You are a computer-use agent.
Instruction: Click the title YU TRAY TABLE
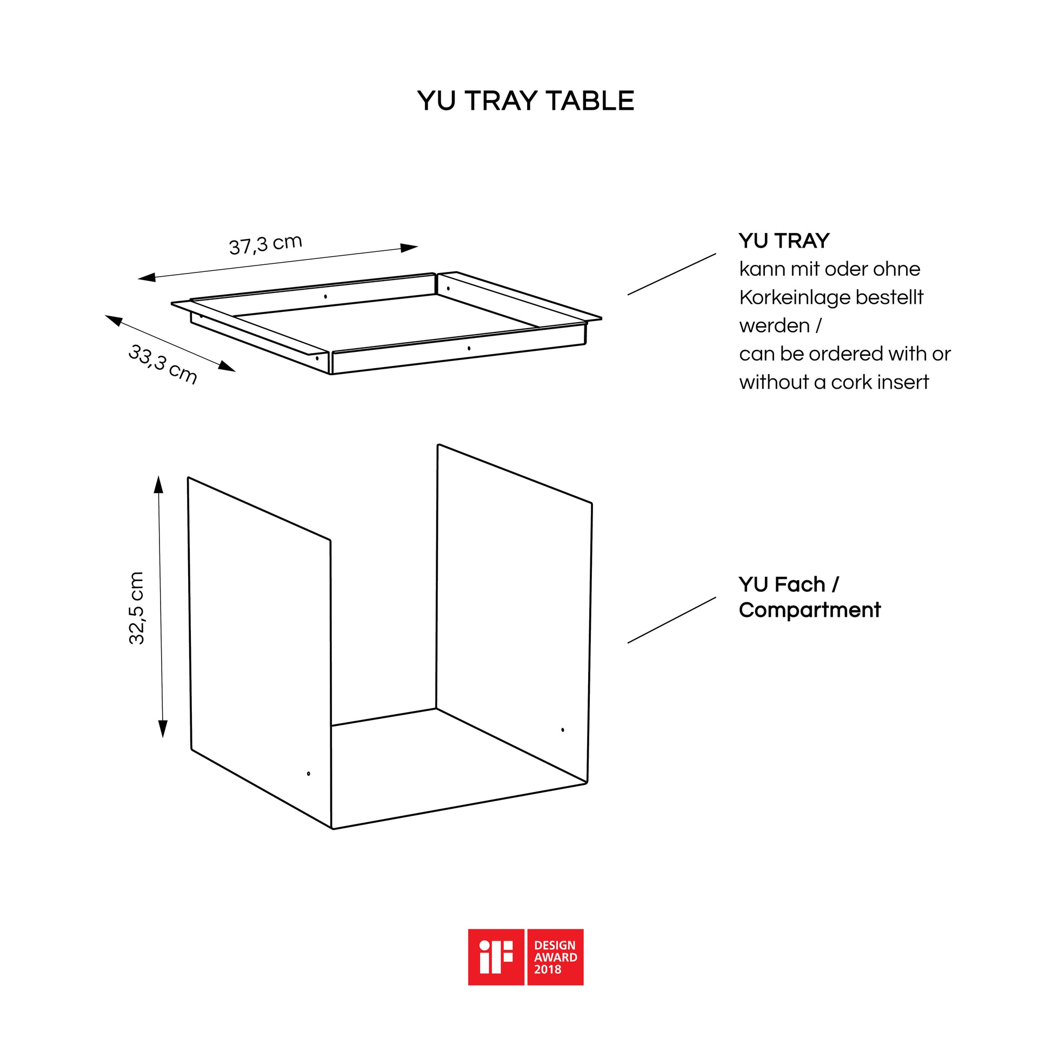click(525, 101)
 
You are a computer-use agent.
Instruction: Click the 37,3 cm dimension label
click(265, 244)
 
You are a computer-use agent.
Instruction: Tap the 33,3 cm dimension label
click(162, 364)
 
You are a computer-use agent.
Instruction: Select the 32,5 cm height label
click(136, 608)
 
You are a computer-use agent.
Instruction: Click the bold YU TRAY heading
click(784, 241)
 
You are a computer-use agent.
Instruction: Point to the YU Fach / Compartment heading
click(809, 597)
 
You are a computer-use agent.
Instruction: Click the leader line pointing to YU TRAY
click(672, 275)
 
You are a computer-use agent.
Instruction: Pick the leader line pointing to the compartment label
click(672, 620)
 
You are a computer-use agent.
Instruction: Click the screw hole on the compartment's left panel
click(309, 774)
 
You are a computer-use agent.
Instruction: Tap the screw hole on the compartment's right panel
click(562, 730)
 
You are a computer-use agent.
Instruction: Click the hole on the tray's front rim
click(469, 348)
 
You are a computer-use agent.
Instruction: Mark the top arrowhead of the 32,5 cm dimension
click(158, 484)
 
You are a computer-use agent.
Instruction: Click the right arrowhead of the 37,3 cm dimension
click(409, 248)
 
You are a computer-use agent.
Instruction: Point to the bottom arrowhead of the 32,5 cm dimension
click(163, 729)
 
